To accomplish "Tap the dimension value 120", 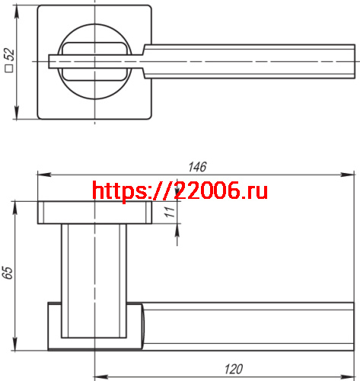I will pyautogui.click(x=234, y=369).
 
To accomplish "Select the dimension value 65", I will pyautogui.click(x=8, y=273).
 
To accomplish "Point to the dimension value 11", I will pyautogui.click(x=170, y=213).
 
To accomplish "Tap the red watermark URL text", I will pyautogui.click(x=180, y=190).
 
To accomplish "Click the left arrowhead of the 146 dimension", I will pyautogui.click(x=39, y=176).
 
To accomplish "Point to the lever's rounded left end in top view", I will pyautogui.click(x=50, y=61).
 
